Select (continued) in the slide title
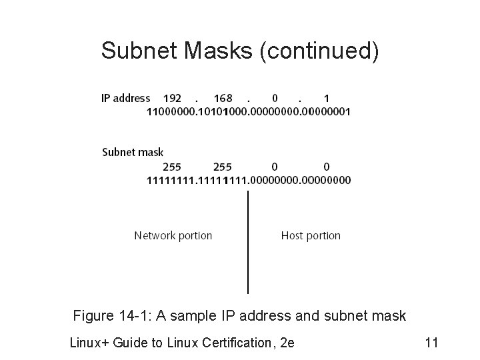(x=319, y=51)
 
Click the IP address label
(x=125, y=98)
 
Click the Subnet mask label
(x=132, y=152)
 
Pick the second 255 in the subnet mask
(x=223, y=166)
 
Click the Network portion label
(x=173, y=235)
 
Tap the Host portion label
(x=311, y=235)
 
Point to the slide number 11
(x=431, y=343)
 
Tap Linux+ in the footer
(x=90, y=343)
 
